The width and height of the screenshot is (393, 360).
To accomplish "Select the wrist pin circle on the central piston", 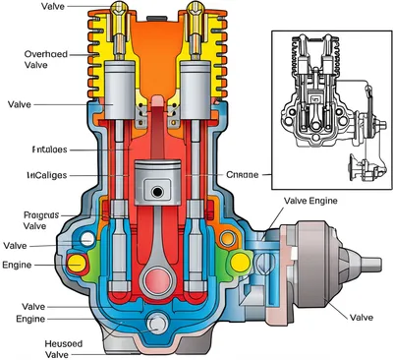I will click(155, 187).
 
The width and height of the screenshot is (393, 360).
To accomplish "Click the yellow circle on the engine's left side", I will click(77, 263).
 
